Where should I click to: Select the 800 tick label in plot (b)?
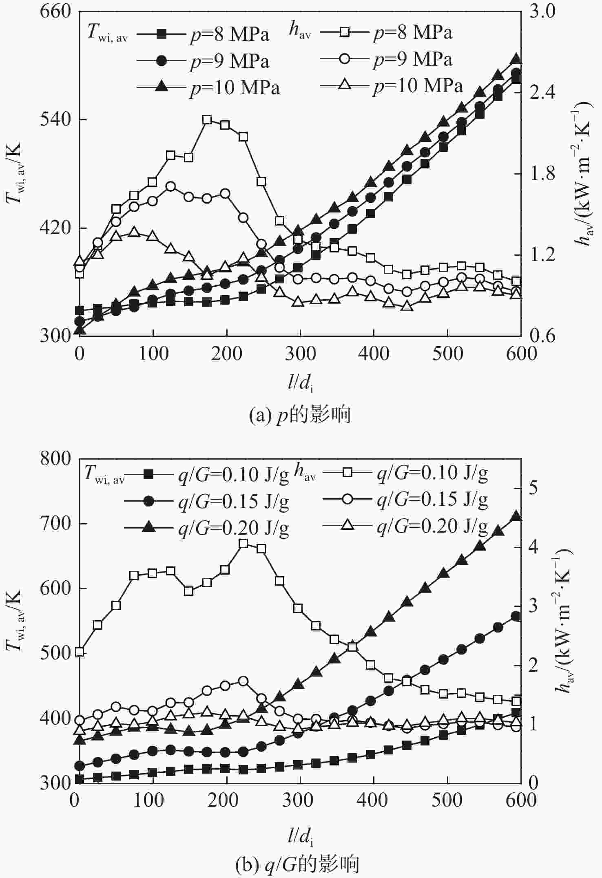[x=56, y=459]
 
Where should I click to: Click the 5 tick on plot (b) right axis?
[x=531, y=488]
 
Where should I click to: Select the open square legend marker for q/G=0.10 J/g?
[x=348, y=473]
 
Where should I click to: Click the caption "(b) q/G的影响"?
[x=297, y=864]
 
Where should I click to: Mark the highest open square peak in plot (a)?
[x=207, y=119]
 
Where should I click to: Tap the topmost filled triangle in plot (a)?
[x=516, y=59]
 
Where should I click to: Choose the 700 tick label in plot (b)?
[x=56, y=524]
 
